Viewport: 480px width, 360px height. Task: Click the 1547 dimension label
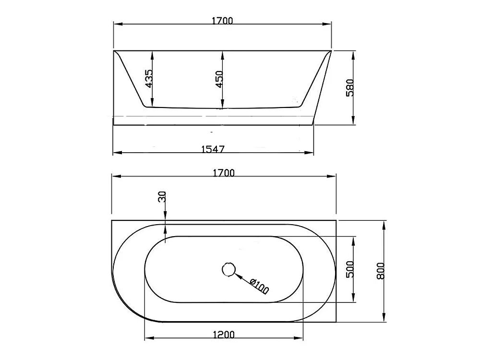pyautogui.click(x=213, y=149)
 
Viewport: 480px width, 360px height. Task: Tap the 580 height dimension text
pyautogui.click(x=349, y=88)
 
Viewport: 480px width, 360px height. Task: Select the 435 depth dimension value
pyautogui.click(x=148, y=79)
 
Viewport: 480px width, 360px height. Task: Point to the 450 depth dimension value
pyautogui.click(x=219, y=79)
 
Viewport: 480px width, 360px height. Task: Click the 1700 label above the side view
pyautogui.click(x=223, y=21)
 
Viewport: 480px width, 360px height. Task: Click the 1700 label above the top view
pyautogui.click(x=224, y=173)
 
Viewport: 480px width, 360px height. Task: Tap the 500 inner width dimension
pyautogui.click(x=349, y=269)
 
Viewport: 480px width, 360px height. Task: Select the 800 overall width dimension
pyautogui.click(x=380, y=271)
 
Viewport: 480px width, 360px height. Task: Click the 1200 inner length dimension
pyautogui.click(x=224, y=335)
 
